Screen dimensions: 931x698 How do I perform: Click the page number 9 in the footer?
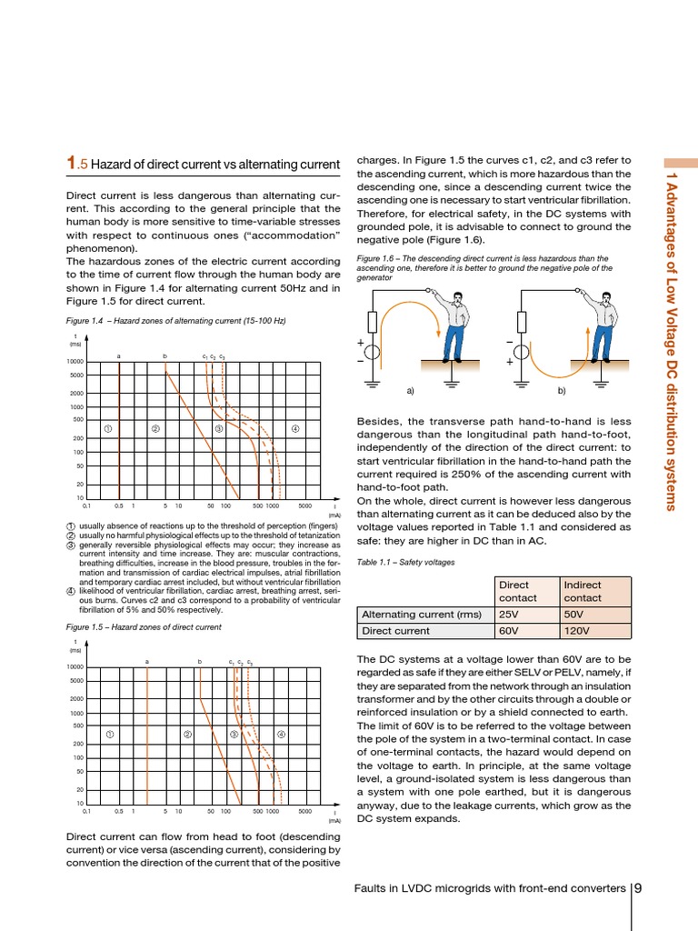(x=639, y=888)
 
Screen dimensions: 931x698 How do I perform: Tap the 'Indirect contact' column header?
(x=583, y=591)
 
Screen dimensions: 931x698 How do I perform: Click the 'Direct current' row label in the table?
(x=397, y=630)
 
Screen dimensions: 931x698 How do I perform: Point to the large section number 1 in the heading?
(x=73, y=163)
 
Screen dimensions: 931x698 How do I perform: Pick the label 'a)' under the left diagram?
(x=411, y=391)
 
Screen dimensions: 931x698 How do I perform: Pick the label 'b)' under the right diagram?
(x=561, y=391)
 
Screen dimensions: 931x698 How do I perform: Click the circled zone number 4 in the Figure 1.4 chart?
(x=296, y=428)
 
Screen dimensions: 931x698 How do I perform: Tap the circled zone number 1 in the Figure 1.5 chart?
(x=109, y=734)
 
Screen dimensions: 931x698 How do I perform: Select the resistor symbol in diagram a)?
(x=372, y=321)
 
